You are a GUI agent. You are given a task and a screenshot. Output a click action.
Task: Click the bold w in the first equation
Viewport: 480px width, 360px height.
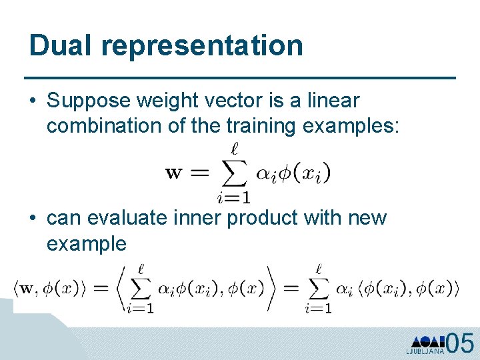(173, 173)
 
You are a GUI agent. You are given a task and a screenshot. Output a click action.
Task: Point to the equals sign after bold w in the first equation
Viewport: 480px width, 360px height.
(199, 173)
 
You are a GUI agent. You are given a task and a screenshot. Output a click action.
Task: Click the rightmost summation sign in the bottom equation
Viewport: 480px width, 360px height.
(318, 287)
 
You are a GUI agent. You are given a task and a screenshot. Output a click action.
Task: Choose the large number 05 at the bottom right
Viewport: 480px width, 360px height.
(459, 343)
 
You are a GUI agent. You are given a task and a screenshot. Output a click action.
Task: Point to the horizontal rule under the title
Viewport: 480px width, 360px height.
(239, 78)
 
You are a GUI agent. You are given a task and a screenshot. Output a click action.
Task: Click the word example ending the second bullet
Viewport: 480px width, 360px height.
(86, 243)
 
